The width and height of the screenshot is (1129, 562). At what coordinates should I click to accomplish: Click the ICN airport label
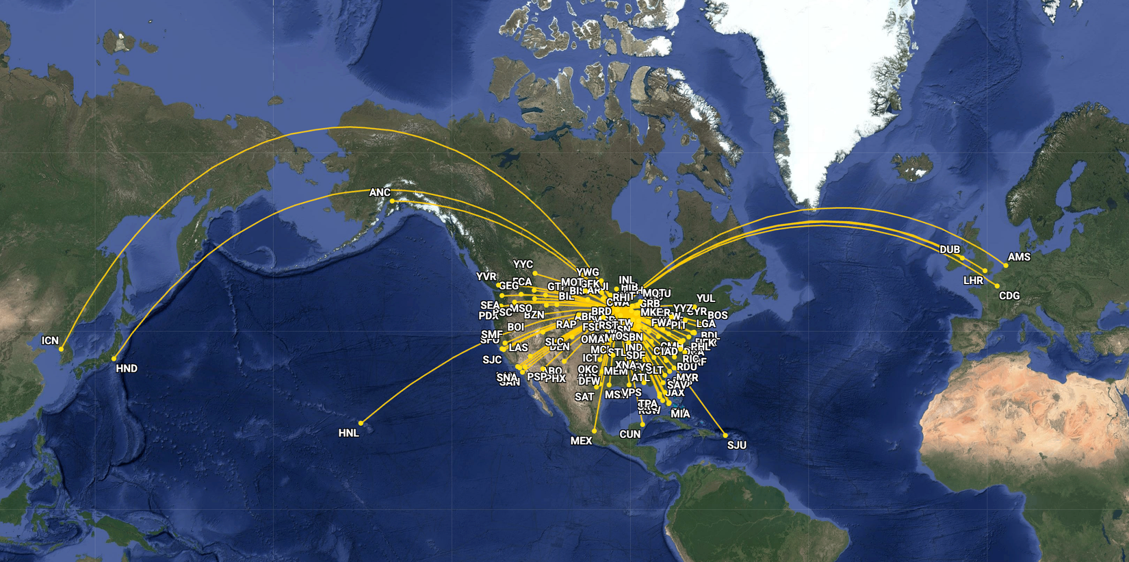[50, 340]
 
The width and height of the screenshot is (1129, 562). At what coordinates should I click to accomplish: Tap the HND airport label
[127, 368]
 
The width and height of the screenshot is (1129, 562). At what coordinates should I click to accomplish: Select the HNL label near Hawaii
[348, 433]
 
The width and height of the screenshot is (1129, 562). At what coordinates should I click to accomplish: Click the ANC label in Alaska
[379, 192]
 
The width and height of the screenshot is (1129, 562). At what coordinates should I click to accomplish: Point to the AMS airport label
[1019, 257]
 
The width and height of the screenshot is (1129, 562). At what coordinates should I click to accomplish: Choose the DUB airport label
[949, 249]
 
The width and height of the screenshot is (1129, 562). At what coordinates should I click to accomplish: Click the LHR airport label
[973, 280]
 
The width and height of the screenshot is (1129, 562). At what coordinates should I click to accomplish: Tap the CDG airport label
[1009, 296]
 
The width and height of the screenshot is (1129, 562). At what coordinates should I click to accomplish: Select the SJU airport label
[736, 445]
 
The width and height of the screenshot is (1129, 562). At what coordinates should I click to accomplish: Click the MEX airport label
[581, 441]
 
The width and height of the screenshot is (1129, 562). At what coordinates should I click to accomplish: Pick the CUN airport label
[630, 434]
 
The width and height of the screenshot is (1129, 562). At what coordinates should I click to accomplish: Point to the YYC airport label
[523, 264]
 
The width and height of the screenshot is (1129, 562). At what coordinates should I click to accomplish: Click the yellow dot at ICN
[61, 349]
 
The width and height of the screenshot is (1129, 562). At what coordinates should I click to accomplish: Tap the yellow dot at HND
[114, 359]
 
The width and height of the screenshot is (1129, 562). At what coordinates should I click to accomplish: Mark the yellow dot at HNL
[361, 423]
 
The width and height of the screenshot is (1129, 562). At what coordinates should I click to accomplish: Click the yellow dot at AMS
[1006, 266]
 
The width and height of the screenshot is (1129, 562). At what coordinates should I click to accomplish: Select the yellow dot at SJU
[725, 435]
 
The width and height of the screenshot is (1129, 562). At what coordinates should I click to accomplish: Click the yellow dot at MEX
[595, 431]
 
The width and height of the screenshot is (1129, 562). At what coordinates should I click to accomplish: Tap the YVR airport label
[486, 277]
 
